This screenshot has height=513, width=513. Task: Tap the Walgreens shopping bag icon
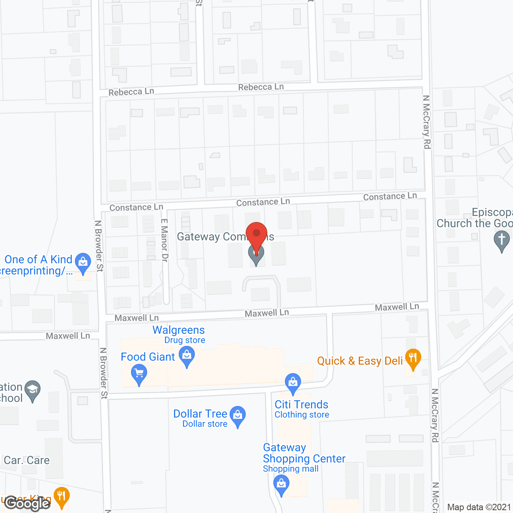coord(187,356)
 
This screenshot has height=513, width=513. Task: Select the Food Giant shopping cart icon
coord(139,374)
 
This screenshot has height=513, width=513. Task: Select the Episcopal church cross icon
coord(501,241)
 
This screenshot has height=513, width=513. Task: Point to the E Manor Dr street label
coord(164,240)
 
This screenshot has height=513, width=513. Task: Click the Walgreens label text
coord(179,330)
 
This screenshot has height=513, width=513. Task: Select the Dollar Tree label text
coord(200,414)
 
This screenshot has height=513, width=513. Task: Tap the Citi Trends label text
coord(301,405)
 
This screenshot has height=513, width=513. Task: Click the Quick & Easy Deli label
coord(360,361)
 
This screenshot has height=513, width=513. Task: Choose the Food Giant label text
coord(148,357)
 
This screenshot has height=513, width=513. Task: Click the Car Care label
coord(27,460)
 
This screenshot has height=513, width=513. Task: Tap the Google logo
coord(27,503)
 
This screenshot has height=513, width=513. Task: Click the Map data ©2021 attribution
coord(479,507)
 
